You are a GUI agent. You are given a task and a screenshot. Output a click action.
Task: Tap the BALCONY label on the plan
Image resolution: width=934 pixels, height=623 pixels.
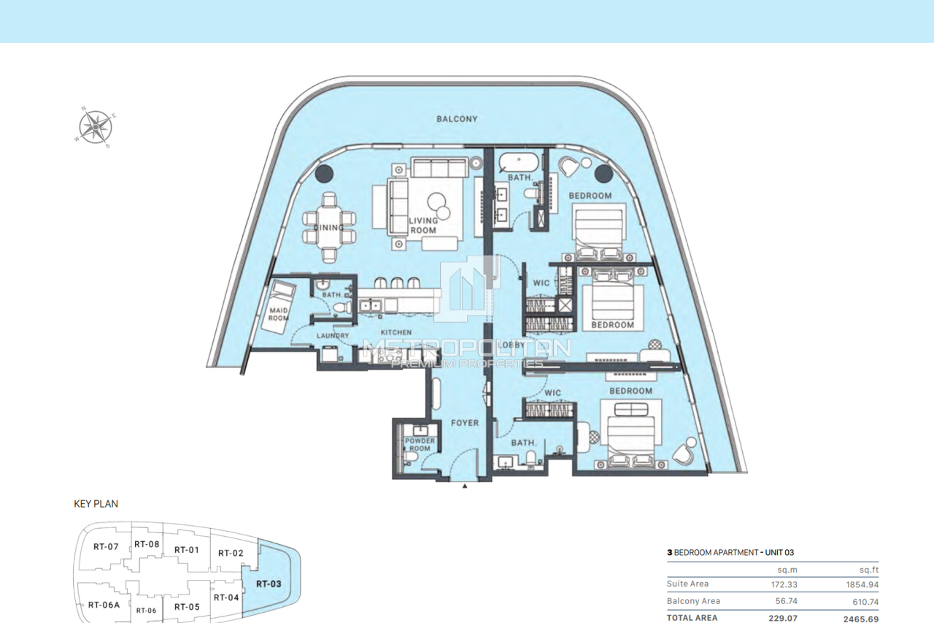tap(457, 119)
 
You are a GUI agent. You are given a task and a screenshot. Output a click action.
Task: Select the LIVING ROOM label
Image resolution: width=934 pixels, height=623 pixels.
tap(422, 225)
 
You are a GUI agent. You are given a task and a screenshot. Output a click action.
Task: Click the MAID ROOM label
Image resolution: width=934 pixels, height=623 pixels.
tap(278, 313)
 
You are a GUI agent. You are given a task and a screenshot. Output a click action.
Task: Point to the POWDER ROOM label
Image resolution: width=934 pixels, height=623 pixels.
tap(420, 444)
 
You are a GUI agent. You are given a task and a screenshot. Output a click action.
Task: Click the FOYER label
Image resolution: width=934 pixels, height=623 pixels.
tap(464, 423)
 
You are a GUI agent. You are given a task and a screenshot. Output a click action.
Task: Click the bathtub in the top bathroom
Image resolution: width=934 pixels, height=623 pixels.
tap(519, 162)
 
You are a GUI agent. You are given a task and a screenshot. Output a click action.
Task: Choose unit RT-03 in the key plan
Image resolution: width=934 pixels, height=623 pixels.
tap(269, 584)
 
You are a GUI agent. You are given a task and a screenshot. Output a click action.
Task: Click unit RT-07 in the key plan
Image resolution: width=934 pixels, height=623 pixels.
tap(106, 546)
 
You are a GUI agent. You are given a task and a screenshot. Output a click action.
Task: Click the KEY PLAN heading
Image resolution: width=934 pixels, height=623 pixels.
tap(96, 504)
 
